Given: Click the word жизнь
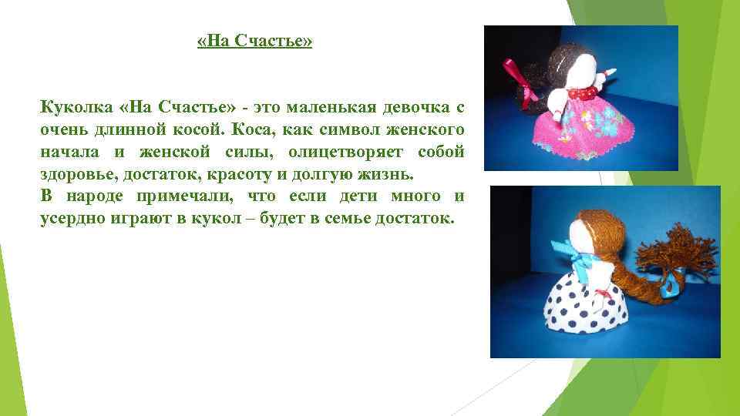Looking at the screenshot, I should (x=384, y=173).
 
